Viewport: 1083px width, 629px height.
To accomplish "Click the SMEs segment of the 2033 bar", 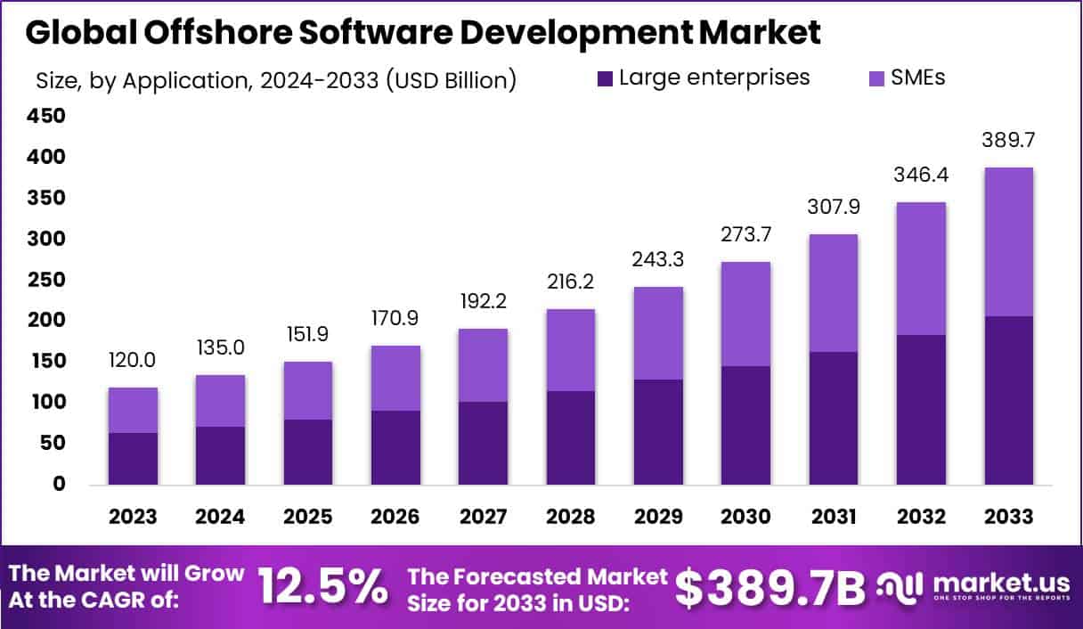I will [x=1008, y=241].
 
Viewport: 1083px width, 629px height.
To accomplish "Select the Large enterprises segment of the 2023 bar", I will [x=133, y=459].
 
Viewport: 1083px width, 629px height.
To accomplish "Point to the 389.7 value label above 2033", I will [x=1008, y=141].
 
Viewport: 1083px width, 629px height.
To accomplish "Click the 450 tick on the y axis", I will [x=45, y=117].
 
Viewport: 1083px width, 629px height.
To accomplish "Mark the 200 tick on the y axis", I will [x=45, y=321].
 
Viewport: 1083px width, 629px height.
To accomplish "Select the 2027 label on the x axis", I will [x=483, y=518].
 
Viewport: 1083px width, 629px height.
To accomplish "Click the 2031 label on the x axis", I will [x=833, y=518].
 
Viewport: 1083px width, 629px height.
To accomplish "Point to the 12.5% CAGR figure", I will [x=322, y=587].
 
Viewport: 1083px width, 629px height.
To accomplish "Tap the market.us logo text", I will [x=1001, y=584].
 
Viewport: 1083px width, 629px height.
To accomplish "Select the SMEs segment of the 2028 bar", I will [x=570, y=350].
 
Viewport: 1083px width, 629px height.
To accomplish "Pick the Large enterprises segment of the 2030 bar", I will [x=745, y=426].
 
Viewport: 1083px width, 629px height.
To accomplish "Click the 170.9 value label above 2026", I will [x=395, y=319].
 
